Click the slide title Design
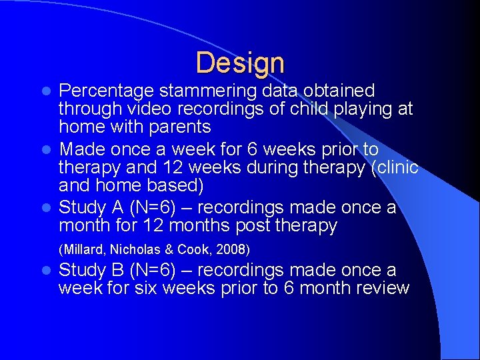pos(240,63)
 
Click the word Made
pos(80,149)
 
